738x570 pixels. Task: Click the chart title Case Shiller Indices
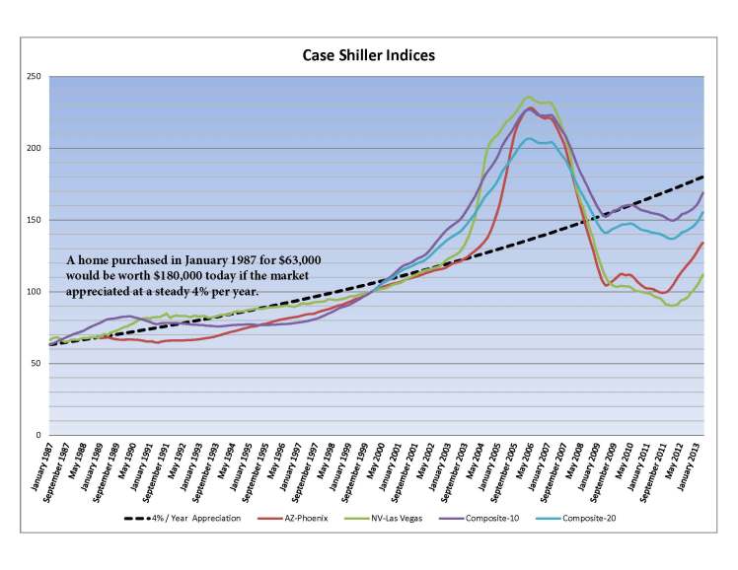pyautogui.click(x=368, y=55)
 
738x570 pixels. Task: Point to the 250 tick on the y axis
pyautogui.click(x=34, y=77)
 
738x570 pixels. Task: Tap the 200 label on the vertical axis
pyautogui.click(x=34, y=148)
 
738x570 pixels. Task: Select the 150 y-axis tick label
pyautogui.click(x=34, y=220)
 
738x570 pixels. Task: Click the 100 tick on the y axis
pyautogui.click(x=34, y=292)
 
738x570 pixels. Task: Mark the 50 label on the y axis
pyautogui.click(x=36, y=363)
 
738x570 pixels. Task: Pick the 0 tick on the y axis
pyautogui.click(x=38, y=435)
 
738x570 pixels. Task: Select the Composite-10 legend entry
pyautogui.click(x=507, y=519)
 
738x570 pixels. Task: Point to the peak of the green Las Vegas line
pyautogui.click(x=530, y=97)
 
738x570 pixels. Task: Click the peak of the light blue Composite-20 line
pyautogui.click(x=529, y=138)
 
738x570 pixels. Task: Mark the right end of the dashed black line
pyautogui.click(x=702, y=177)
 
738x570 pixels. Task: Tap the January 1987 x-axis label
pyautogui.click(x=44, y=471)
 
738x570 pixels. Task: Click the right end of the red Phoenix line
pyautogui.click(x=702, y=243)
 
